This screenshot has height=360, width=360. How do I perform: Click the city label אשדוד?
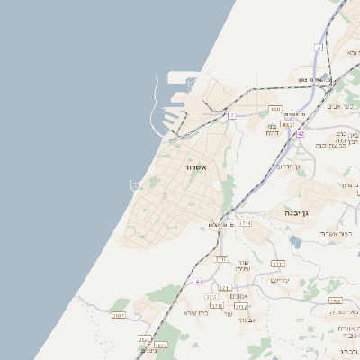195,167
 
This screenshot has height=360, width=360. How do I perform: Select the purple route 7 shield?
231,115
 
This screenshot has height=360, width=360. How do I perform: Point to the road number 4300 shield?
274,109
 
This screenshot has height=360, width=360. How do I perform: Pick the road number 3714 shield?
245,221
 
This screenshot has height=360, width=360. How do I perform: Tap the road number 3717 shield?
221,259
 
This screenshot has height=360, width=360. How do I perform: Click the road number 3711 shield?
278,264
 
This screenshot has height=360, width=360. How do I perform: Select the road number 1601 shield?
118,315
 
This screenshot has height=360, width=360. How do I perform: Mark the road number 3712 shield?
241,306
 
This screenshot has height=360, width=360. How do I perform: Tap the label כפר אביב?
339,106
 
